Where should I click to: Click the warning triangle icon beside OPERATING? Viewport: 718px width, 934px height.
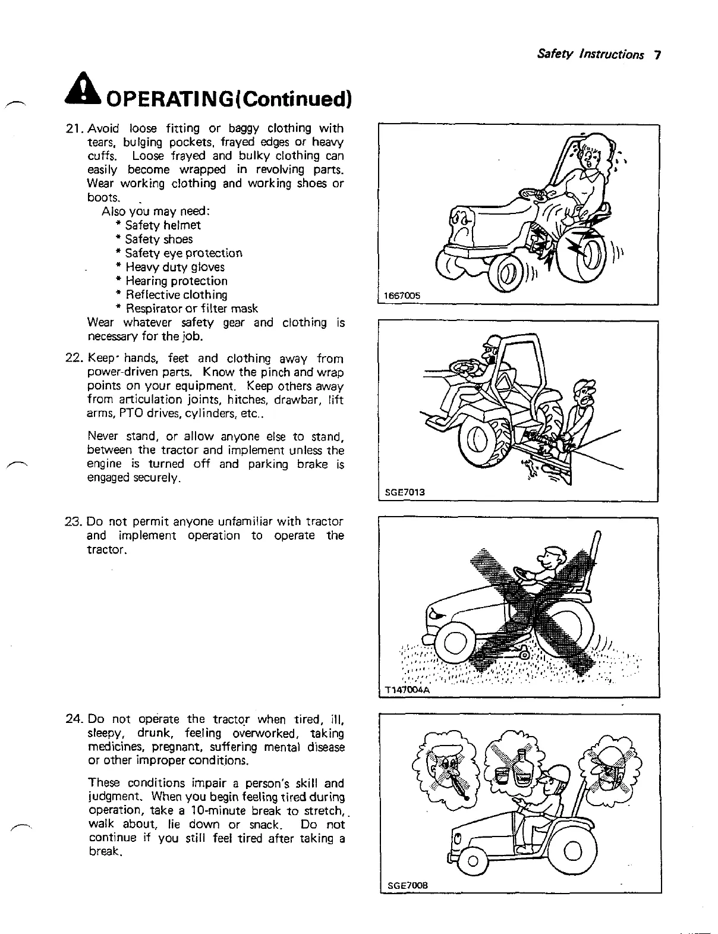[x=87, y=93]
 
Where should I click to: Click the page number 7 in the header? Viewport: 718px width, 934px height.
[x=657, y=55]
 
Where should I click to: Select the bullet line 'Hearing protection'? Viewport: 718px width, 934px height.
[x=172, y=281]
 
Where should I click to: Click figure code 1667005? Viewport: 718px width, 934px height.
[x=402, y=297]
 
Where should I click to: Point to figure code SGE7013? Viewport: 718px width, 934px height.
[x=404, y=492]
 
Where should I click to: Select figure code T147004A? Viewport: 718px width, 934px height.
[x=408, y=690]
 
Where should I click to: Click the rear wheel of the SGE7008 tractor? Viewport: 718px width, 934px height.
[x=573, y=854]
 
